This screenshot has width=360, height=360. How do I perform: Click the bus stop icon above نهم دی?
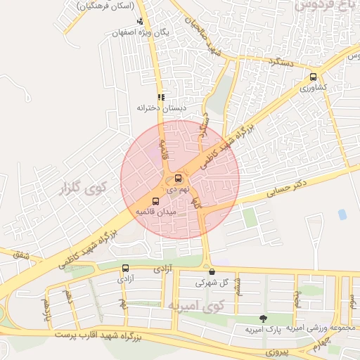178,179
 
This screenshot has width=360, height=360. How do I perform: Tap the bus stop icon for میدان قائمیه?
155,201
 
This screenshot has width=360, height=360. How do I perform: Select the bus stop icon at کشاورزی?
313,77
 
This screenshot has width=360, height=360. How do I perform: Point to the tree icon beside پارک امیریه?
264,319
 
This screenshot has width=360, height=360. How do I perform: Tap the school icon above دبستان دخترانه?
161,97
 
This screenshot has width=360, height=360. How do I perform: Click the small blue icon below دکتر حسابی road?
342,214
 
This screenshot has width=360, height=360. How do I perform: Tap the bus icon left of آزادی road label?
125,268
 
